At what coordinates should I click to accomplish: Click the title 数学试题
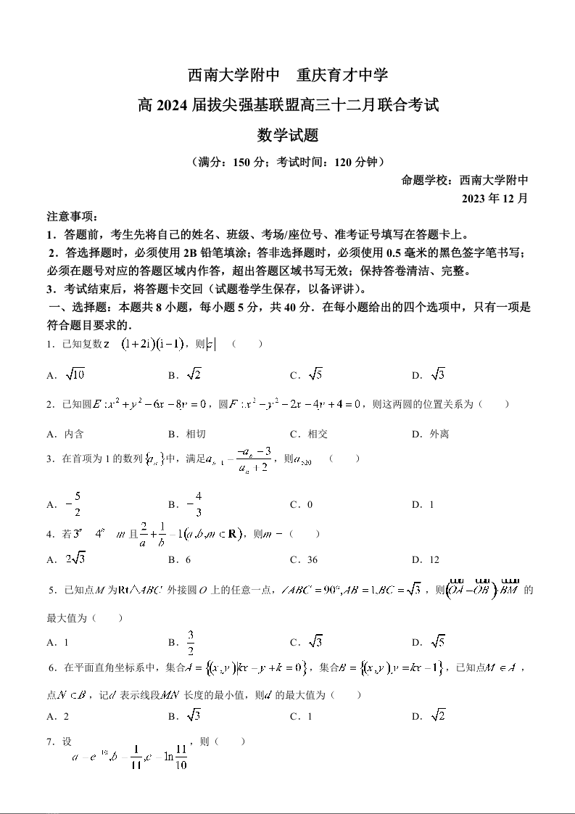(x=288, y=135)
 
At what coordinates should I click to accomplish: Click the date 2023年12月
(x=495, y=198)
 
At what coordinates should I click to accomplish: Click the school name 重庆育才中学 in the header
(x=342, y=75)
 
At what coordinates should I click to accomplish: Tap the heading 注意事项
(x=72, y=217)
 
